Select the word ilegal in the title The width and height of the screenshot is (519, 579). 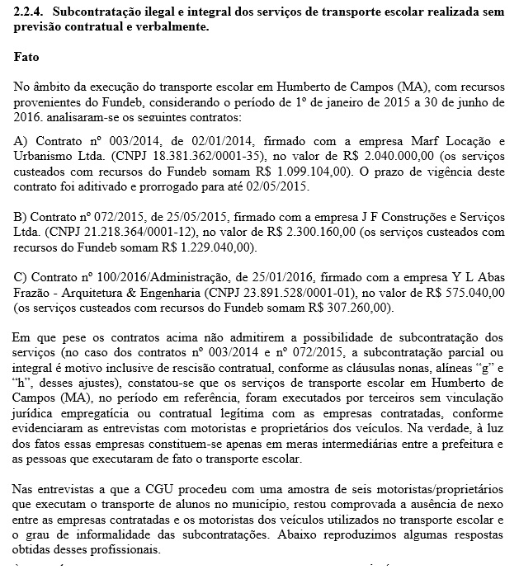tap(189, 12)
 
